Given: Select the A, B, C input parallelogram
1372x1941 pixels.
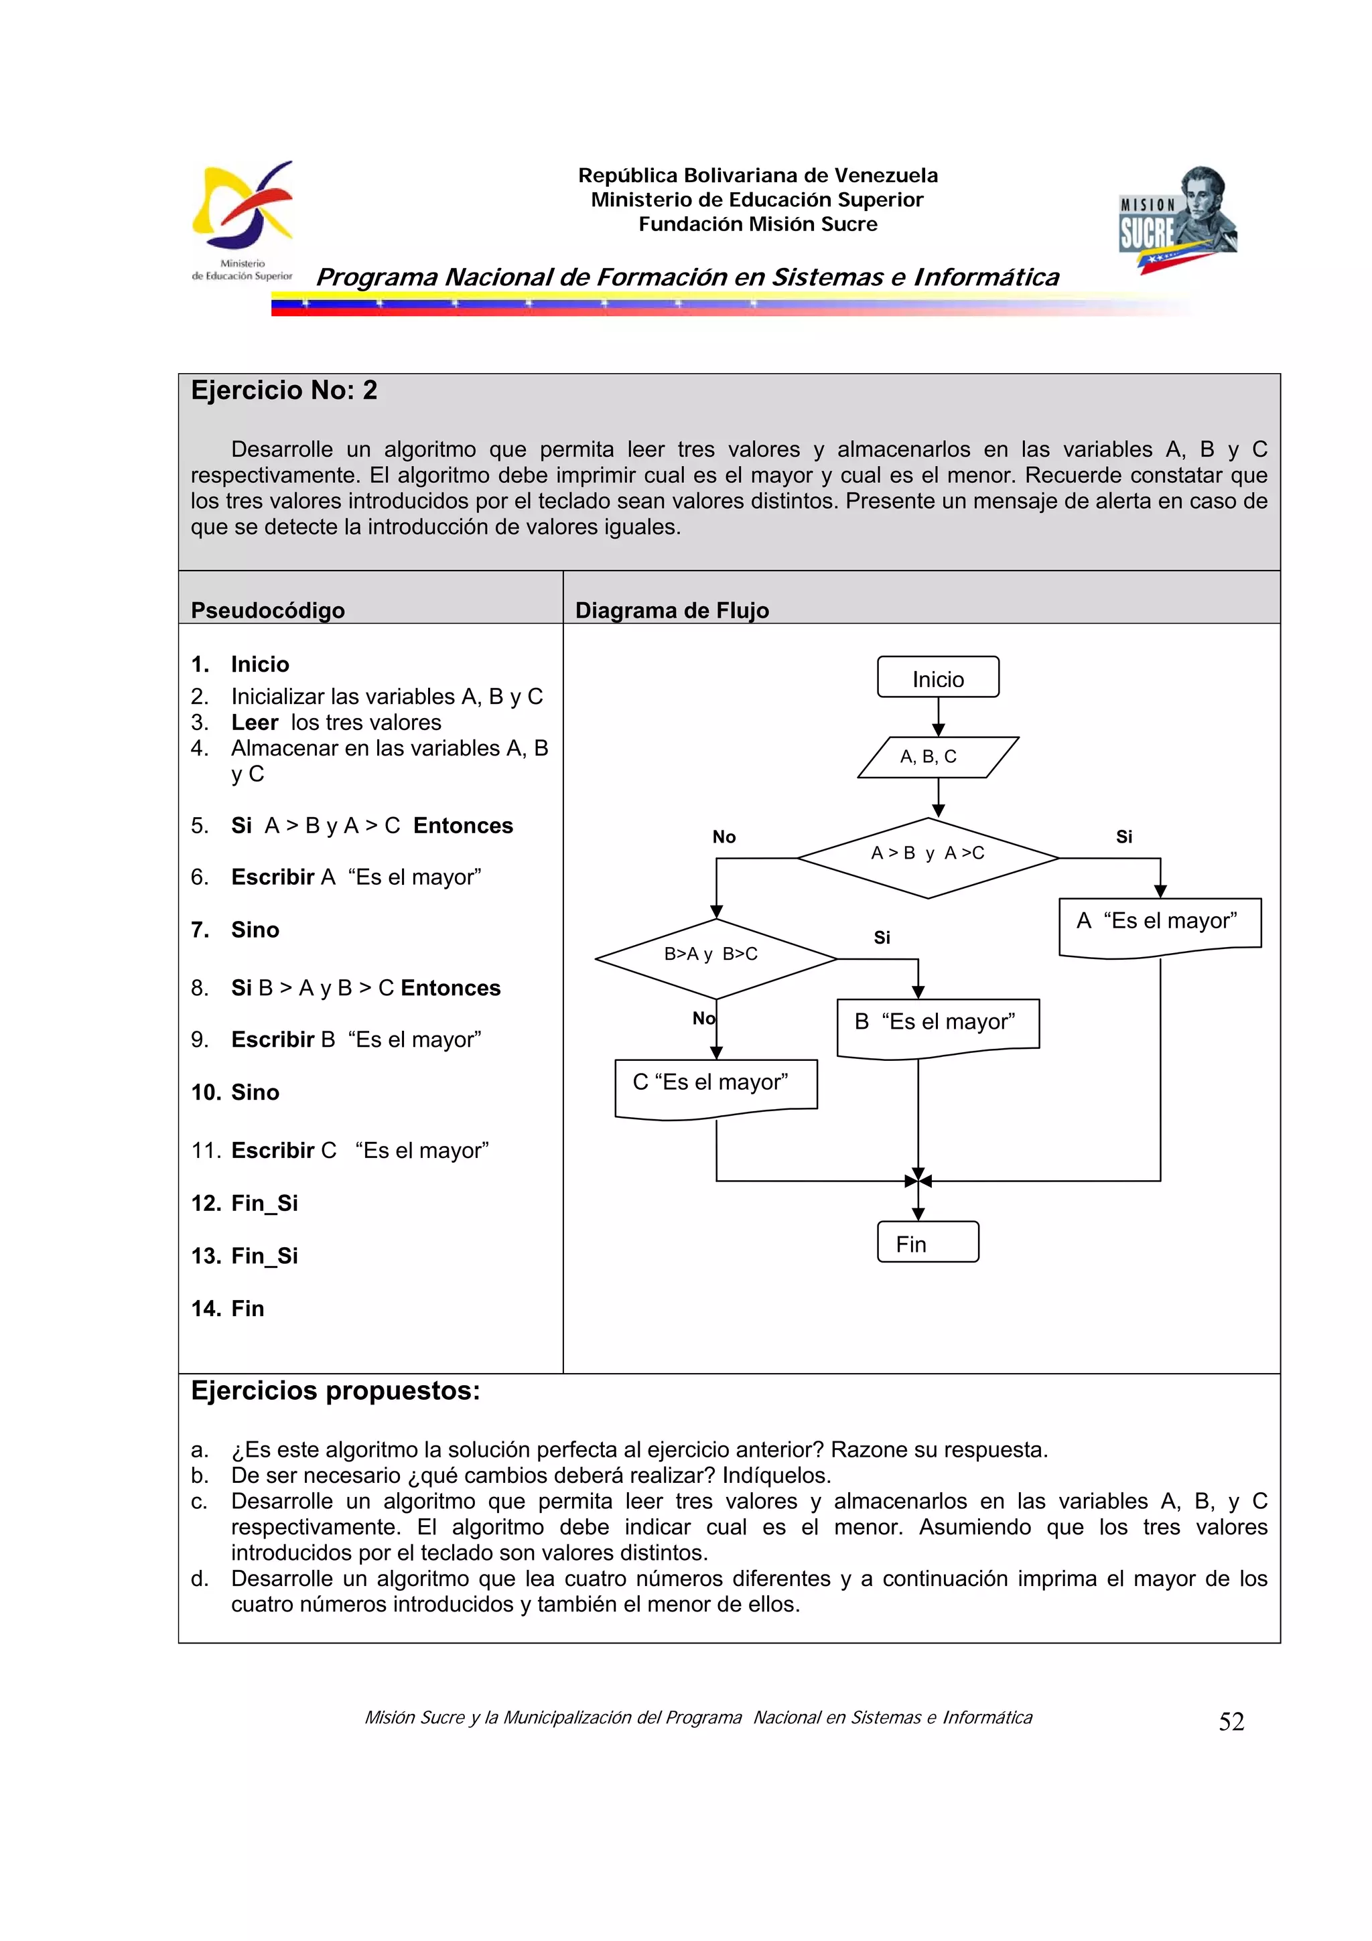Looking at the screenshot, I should [937, 757].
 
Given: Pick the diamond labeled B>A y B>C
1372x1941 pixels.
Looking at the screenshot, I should [715, 958].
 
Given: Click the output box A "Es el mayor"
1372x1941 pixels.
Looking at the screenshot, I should [1159, 925].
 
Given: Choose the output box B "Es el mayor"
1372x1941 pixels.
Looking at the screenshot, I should [937, 1025].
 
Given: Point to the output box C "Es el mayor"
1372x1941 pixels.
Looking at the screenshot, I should [715, 1086].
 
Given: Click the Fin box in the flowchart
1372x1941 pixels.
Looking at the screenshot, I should [927, 1242].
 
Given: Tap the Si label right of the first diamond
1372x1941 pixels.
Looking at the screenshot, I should [1123, 836].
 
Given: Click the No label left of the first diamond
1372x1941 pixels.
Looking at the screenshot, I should [724, 836].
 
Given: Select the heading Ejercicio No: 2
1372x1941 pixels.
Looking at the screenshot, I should [284, 390].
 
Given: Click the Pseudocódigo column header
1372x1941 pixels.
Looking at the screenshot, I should [267, 609].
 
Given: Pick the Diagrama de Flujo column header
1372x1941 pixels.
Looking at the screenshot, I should [671, 609].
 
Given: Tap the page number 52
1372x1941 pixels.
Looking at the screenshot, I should [1231, 1721].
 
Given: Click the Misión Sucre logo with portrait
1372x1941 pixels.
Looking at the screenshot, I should [1178, 219].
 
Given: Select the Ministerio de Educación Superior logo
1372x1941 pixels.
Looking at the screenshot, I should [243, 220].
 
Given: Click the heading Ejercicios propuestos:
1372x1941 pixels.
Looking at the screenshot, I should [335, 1390].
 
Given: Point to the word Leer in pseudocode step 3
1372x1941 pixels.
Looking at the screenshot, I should [255, 722].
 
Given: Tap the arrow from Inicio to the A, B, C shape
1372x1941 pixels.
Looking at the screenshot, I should [937, 717].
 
